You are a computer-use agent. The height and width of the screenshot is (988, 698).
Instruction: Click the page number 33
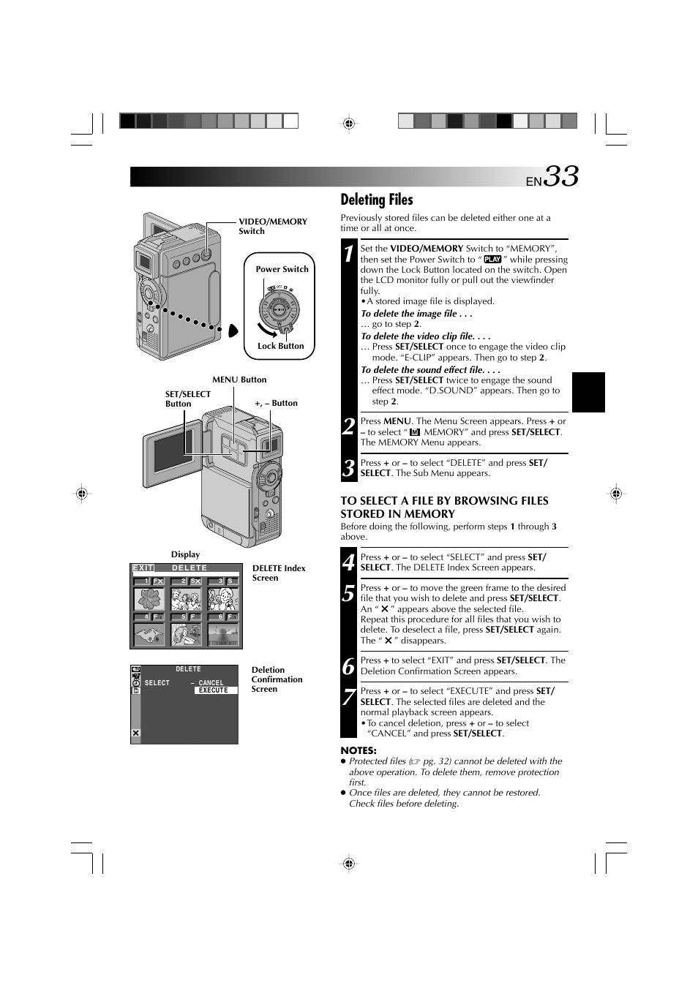[x=561, y=177]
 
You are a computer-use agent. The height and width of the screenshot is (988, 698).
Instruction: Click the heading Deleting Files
[x=376, y=200]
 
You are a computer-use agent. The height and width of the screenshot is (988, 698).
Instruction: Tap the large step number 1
[x=349, y=254]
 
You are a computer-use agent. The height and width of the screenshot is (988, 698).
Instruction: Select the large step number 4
[x=349, y=562]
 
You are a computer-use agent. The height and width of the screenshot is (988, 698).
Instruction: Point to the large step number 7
[x=349, y=696]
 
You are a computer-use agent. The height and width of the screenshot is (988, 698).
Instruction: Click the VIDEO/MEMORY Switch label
[x=272, y=226]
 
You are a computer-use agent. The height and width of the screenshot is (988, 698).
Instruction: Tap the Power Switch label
[x=282, y=269]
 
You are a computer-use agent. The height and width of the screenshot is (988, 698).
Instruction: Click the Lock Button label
[x=280, y=346]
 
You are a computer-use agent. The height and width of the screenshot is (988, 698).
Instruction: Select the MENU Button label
[x=239, y=380]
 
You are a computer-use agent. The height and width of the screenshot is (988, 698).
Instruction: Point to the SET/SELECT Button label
[x=187, y=399]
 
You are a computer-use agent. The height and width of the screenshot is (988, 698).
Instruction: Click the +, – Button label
[x=276, y=403]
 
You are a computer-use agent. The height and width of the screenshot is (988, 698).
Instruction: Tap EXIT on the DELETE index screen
[x=143, y=568]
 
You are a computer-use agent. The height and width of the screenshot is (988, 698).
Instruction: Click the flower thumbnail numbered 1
[x=149, y=599]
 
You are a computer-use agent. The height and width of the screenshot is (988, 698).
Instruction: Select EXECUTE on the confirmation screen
[x=214, y=690]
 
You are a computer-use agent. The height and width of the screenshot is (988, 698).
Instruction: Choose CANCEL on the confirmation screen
[x=211, y=683]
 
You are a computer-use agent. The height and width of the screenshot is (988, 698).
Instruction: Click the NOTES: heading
[x=359, y=750]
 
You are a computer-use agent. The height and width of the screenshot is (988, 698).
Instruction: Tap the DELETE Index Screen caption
[x=279, y=573]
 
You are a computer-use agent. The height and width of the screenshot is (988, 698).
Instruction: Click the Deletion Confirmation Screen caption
[x=277, y=679]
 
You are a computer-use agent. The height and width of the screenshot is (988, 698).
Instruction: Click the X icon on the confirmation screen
[x=135, y=734]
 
